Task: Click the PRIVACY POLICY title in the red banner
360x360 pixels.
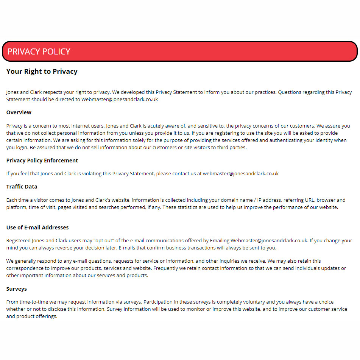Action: pyautogui.click(x=39, y=51)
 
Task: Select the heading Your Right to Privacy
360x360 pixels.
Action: pyautogui.click(x=42, y=71)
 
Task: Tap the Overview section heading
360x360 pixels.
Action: pyautogui.click(x=19, y=112)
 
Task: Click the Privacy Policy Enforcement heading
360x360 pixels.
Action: pyautogui.click(x=42, y=161)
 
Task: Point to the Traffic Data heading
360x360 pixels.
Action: pyautogui.click(x=22, y=187)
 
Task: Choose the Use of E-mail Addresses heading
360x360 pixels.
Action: pyautogui.click(x=37, y=228)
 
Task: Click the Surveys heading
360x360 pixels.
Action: pyautogui.click(x=16, y=289)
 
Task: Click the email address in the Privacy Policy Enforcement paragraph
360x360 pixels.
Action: pyautogui.click(x=240, y=174)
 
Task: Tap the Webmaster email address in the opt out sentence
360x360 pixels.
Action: pyautogui.click(x=269, y=240)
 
